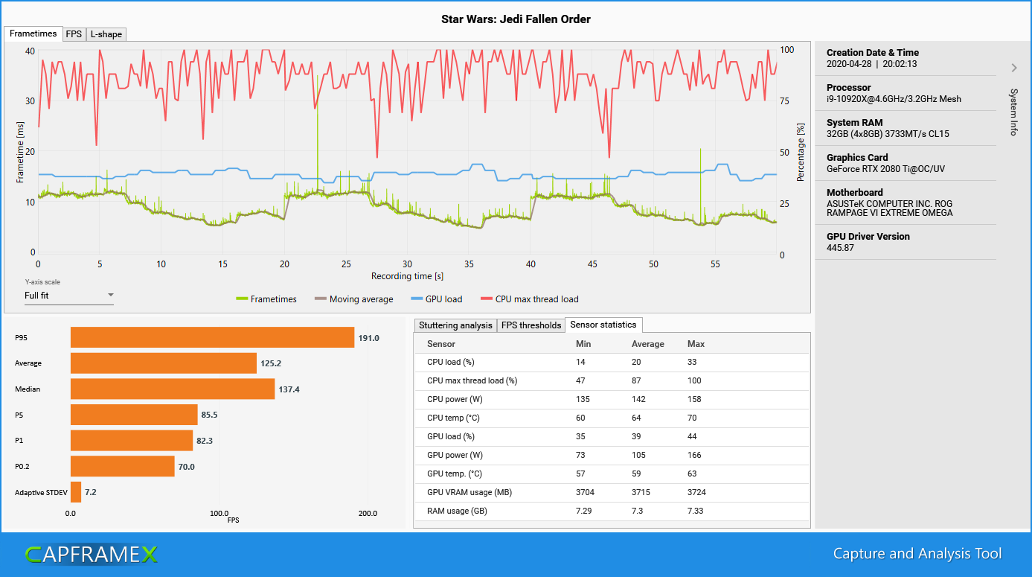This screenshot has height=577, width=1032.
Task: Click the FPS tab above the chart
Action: tap(74, 34)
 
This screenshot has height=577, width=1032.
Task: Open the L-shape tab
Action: tap(106, 34)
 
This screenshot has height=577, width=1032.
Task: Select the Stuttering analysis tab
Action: tap(455, 325)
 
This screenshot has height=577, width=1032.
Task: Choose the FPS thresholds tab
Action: tap(531, 325)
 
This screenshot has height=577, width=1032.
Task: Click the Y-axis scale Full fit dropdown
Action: tap(68, 296)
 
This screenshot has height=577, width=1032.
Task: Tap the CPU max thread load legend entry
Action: tap(530, 299)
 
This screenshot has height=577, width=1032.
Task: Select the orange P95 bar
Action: tap(212, 337)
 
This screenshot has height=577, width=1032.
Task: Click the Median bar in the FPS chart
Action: tap(173, 389)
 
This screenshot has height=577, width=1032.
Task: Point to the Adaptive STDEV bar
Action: tap(76, 492)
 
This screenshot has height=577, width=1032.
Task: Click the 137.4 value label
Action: tap(290, 389)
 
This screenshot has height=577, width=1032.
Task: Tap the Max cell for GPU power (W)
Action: tap(694, 455)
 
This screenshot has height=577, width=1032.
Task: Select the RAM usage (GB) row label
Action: tap(457, 511)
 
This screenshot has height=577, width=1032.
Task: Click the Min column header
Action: tap(583, 344)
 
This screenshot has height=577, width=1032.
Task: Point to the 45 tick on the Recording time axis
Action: tap(592, 264)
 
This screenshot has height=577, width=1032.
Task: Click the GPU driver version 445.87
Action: tap(840, 247)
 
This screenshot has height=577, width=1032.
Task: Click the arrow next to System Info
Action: tap(1013, 68)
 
